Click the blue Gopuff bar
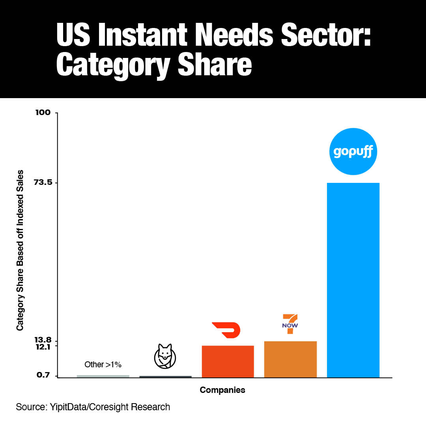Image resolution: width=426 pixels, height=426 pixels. [353, 280]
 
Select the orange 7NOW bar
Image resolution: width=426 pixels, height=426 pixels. [290, 359]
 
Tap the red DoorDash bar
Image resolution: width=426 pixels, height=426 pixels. [228, 361]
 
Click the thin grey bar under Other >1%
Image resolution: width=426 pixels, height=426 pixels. [103, 376]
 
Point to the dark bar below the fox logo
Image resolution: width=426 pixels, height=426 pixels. [165, 377]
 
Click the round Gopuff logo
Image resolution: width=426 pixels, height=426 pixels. [353, 151]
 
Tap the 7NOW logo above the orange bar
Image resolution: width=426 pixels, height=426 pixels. [290, 324]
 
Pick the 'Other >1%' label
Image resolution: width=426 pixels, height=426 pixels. [103, 365]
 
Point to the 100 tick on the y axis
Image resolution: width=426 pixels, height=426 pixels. [43, 113]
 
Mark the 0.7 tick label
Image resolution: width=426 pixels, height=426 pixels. [43, 375]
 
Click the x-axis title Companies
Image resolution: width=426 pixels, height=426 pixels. [222, 390]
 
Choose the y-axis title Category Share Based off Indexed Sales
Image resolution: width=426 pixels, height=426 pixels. [20, 250]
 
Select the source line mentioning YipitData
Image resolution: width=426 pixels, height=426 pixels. [93, 407]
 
